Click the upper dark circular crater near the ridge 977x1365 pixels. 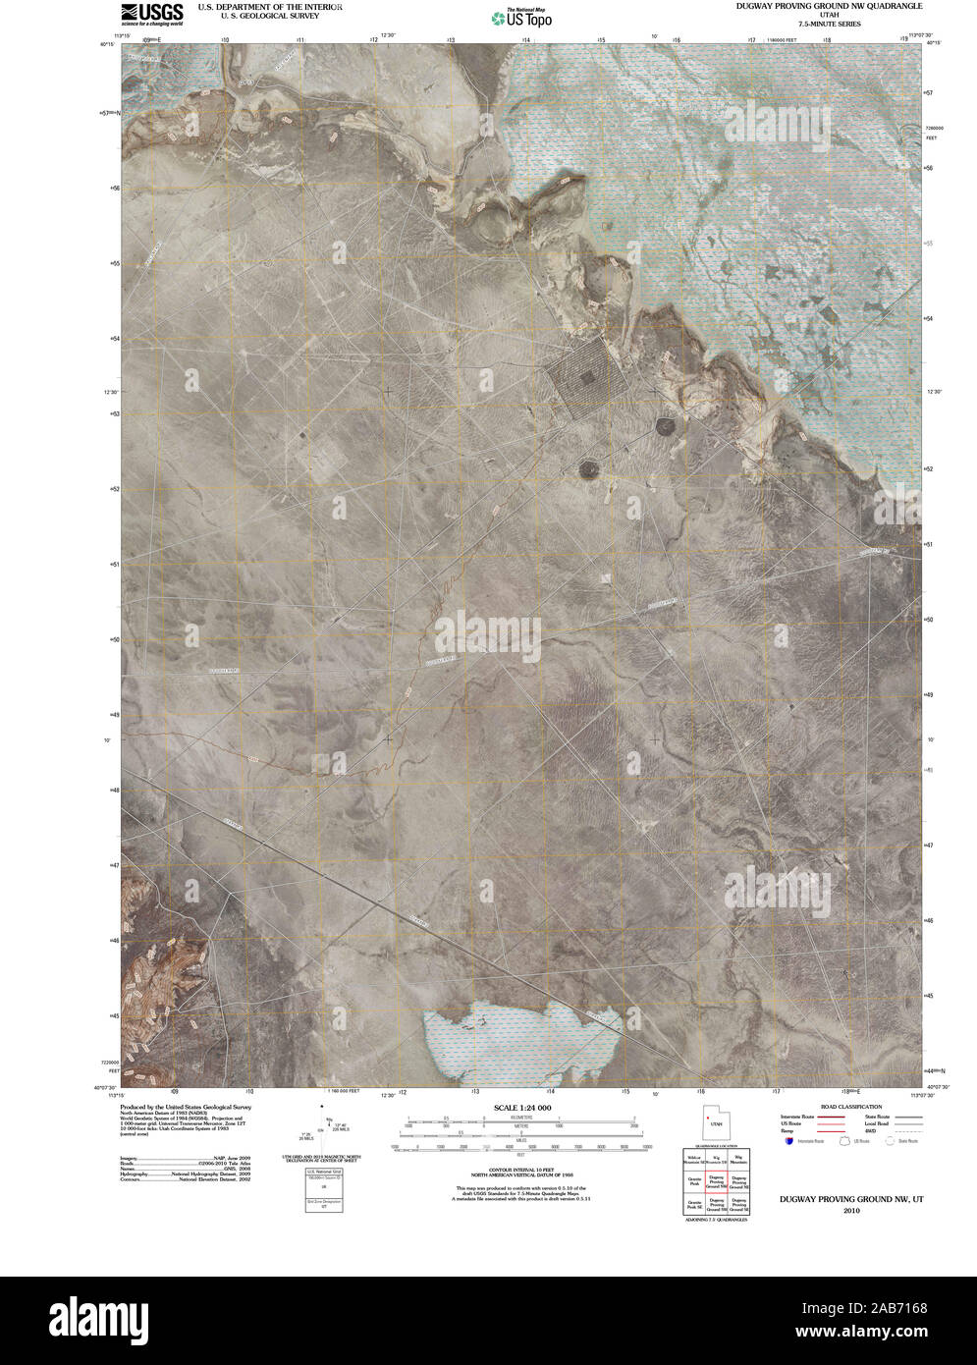pyautogui.click(x=666, y=426)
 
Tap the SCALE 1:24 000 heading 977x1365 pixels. pyautogui.click(x=517, y=1108)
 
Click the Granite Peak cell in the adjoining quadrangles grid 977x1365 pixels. pyautogui.click(x=694, y=1181)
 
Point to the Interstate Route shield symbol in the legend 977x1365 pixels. pyautogui.click(x=789, y=1141)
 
